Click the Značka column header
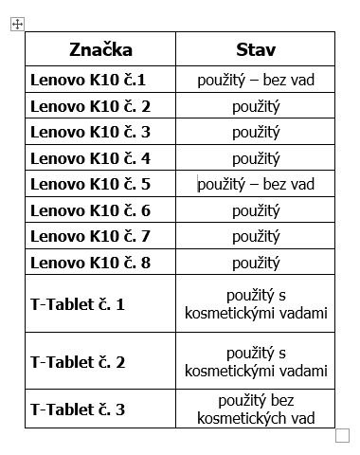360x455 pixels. click(100, 49)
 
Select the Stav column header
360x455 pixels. click(256, 49)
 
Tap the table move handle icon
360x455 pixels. click(17, 25)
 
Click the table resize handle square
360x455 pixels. click(342, 435)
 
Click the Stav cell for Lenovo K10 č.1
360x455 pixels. click(256, 80)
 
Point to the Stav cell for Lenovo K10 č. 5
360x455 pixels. click(256, 184)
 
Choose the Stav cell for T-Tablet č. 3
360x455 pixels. click(256, 409)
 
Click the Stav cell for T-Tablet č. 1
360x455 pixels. click(256, 304)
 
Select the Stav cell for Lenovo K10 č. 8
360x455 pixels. click(256, 263)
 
